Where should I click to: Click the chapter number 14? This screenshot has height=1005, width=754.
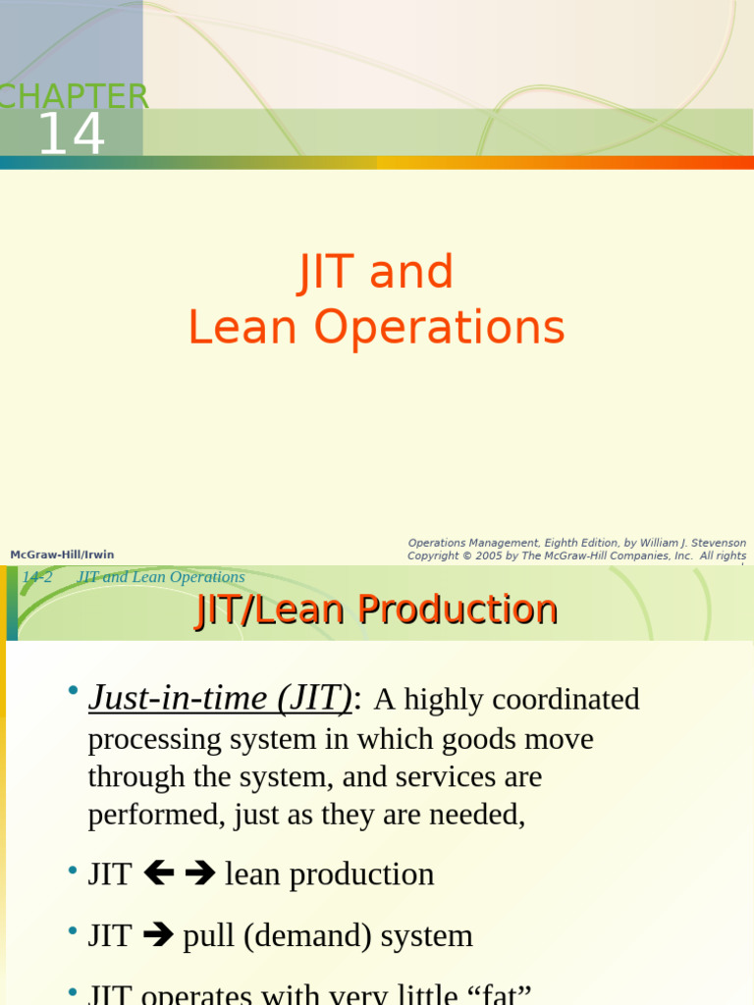click(x=71, y=134)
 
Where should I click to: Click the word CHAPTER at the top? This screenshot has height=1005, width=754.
click(x=74, y=97)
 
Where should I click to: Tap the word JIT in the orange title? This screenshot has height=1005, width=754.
click(x=327, y=272)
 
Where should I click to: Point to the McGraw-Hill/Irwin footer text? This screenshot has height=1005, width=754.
click(x=62, y=555)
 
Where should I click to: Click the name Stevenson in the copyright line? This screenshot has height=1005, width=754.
click(x=712, y=543)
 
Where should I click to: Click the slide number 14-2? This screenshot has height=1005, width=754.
click(x=36, y=577)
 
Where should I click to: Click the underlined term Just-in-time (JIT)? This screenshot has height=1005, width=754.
click(x=220, y=698)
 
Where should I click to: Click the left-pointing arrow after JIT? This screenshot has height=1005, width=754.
click(x=158, y=873)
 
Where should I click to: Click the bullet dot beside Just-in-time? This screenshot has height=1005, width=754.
click(x=73, y=692)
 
